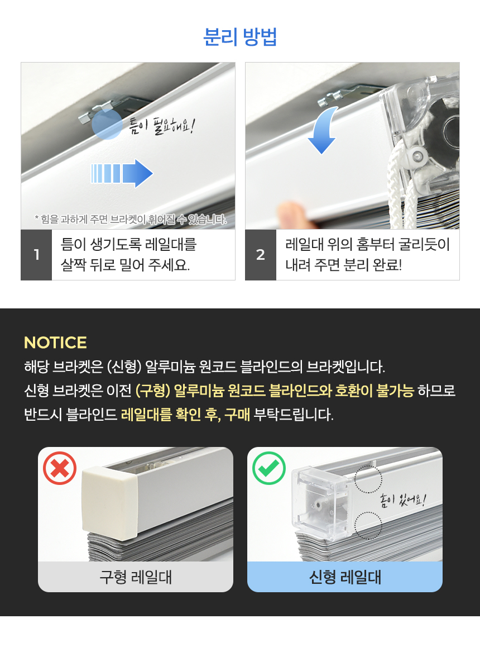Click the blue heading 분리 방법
(239, 37)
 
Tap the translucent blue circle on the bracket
(107, 125)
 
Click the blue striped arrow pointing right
(122, 173)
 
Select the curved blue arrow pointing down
(323, 130)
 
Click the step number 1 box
(36, 255)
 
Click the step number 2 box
(260, 255)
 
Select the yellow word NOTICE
(55, 342)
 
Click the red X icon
(60, 468)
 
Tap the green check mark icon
(268, 468)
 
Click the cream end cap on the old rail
(109, 503)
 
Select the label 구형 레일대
(136, 577)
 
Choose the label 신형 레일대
(345, 577)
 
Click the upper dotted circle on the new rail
(368, 479)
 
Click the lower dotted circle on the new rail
(368, 526)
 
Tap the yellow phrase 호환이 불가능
(375, 391)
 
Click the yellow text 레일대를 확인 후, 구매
(185, 415)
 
